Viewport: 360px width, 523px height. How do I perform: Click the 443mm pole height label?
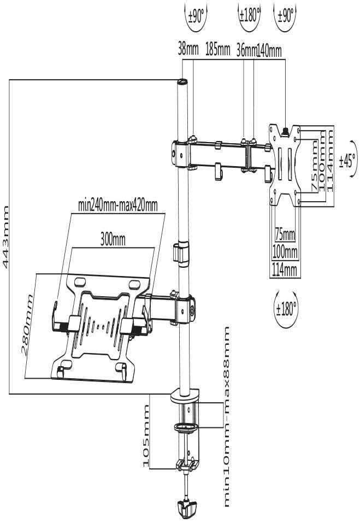(6, 237)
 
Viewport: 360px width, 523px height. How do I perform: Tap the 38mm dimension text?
(188, 51)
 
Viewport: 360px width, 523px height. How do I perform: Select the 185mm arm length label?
(217, 51)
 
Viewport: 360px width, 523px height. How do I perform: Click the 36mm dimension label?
(246, 51)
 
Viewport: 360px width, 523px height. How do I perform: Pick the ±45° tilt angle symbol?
(347, 161)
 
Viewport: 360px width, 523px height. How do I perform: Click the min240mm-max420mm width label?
(117, 205)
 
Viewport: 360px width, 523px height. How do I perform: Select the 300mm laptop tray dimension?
(113, 239)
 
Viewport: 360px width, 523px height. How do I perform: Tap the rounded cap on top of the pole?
(182, 82)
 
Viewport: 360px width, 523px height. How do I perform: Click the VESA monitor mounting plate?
(286, 164)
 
